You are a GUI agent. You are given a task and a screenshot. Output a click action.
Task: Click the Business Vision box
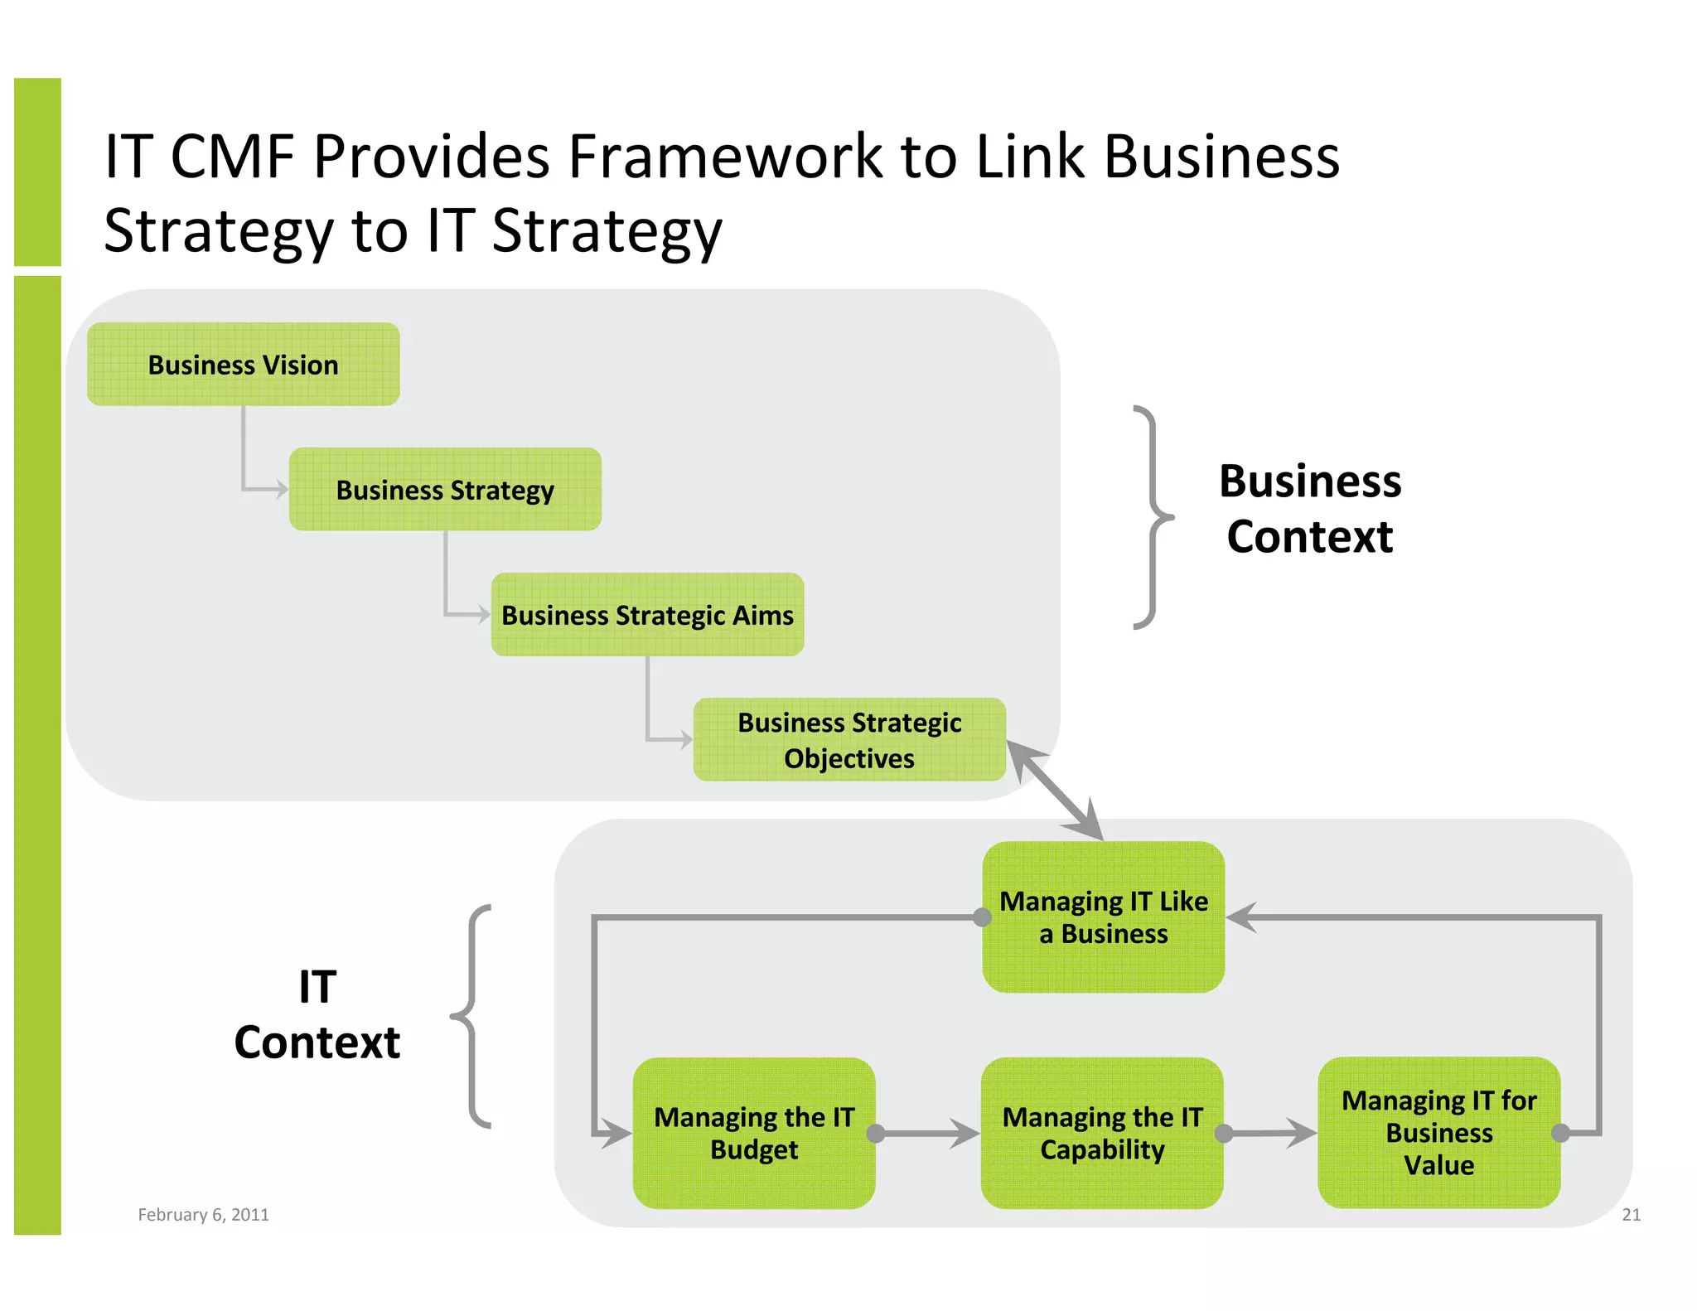pyautogui.click(x=243, y=365)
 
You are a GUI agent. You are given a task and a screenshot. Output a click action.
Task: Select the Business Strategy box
pyautogui.click(x=445, y=490)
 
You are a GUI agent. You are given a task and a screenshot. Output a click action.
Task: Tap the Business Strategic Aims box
pyautogui.click(x=647, y=615)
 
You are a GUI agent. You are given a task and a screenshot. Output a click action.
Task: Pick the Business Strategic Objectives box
pyautogui.click(x=849, y=740)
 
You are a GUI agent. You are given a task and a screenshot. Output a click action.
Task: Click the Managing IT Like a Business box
pyautogui.click(x=1103, y=917)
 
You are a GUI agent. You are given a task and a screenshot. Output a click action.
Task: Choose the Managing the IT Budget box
pyautogui.click(x=753, y=1133)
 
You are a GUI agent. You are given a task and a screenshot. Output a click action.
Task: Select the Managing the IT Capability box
pyautogui.click(x=1101, y=1133)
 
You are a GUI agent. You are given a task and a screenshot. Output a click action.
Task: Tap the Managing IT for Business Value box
pyautogui.click(x=1438, y=1133)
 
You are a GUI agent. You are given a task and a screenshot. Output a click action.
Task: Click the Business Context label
pyautogui.click(x=1310, y=509)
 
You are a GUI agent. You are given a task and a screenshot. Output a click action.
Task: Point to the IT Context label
pyautogui.click(x=317, y=1014)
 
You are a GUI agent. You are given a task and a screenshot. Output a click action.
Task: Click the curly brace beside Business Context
pyautogui.click(x=1152, y=518)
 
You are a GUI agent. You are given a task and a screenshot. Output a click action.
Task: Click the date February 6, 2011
pyautogui.click(x=203, y=1215)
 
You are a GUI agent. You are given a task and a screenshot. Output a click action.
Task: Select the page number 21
pyautogui.click(x=1631, y=1215)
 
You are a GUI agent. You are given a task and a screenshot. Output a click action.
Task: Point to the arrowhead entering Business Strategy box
pyautogui.click(x=281, y=490)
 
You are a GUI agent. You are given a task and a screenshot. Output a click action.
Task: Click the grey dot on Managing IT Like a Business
pyautogui.click(x=982, y=917)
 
